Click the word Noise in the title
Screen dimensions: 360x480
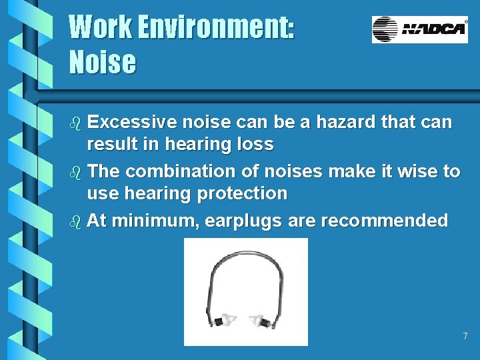click(x=103, y=62)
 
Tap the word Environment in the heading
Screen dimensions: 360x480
click(x=214, y=27)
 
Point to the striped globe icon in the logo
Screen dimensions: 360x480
click(x=385, y=29)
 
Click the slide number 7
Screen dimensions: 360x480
click(x=465, y=336)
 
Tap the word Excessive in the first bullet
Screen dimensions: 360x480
click(x=131, y=123)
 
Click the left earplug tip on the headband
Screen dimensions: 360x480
click(x=227, y=321)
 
